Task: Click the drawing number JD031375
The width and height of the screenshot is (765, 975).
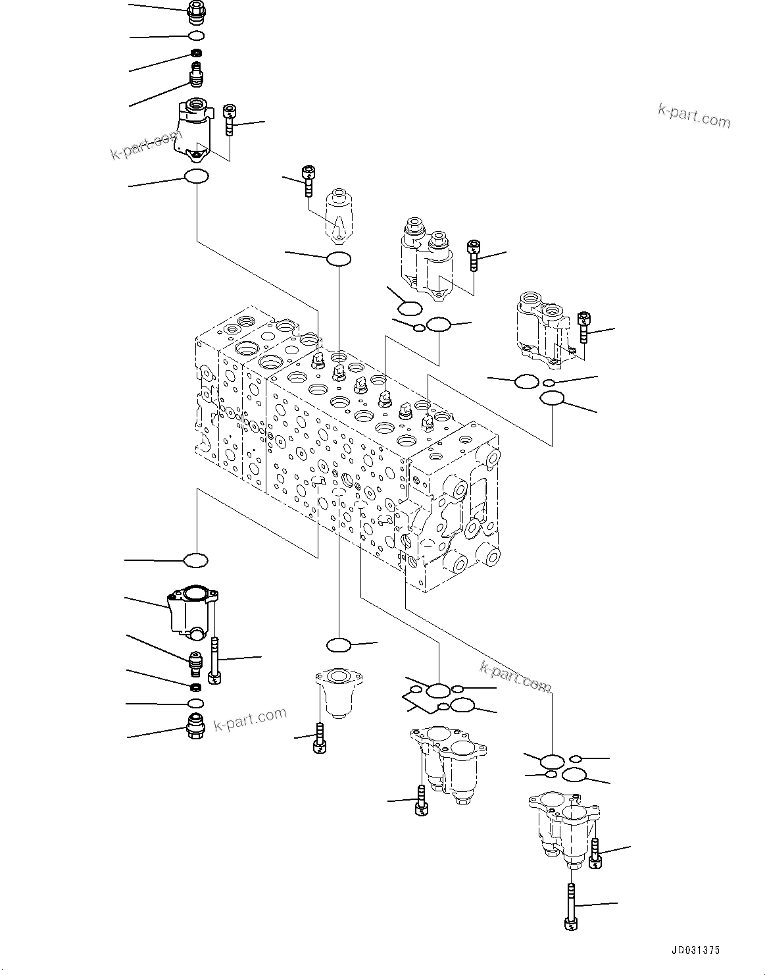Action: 695,950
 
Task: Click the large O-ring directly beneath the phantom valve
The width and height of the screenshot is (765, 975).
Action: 338,259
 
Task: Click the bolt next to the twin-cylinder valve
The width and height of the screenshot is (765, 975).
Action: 473,255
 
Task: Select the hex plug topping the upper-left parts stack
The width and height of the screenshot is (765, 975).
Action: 196,11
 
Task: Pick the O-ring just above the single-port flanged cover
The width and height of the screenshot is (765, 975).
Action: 338,644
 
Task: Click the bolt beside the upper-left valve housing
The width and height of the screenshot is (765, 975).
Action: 229,120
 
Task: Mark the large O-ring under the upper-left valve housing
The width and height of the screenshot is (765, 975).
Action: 196,176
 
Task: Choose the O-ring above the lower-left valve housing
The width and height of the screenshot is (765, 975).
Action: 195,560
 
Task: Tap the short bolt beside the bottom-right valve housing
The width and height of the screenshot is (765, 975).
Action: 596,854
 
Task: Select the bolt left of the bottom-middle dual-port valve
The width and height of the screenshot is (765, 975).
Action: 420,800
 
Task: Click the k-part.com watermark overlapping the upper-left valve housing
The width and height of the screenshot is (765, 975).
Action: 145,145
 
